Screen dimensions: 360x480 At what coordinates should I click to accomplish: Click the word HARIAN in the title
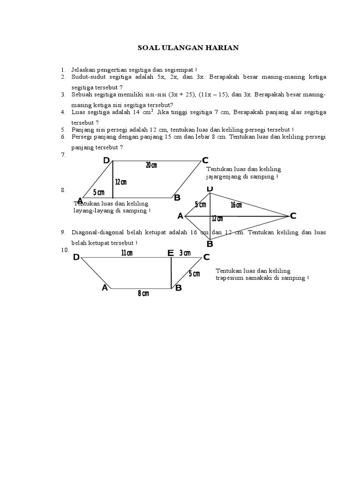221,48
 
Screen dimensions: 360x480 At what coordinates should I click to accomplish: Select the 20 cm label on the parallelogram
151,165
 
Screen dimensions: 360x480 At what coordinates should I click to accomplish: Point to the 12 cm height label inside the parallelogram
120,182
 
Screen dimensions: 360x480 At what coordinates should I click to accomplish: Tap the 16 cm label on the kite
236,205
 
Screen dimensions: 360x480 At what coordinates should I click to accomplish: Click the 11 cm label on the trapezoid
127,253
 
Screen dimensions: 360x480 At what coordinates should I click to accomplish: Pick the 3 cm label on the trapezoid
185,253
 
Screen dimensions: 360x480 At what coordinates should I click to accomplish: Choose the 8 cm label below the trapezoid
143,293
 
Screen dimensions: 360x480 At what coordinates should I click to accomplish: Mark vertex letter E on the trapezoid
171,254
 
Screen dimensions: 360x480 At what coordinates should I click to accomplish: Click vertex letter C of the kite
293,216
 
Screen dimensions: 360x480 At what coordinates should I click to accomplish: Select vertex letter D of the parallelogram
106,161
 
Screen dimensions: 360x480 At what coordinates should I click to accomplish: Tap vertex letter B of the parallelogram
177,198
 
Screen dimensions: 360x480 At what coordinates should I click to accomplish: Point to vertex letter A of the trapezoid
105,288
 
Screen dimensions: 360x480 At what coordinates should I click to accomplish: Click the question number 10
64,250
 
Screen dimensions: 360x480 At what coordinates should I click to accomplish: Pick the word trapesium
231,277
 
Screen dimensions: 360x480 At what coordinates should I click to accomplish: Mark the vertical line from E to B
171,273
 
